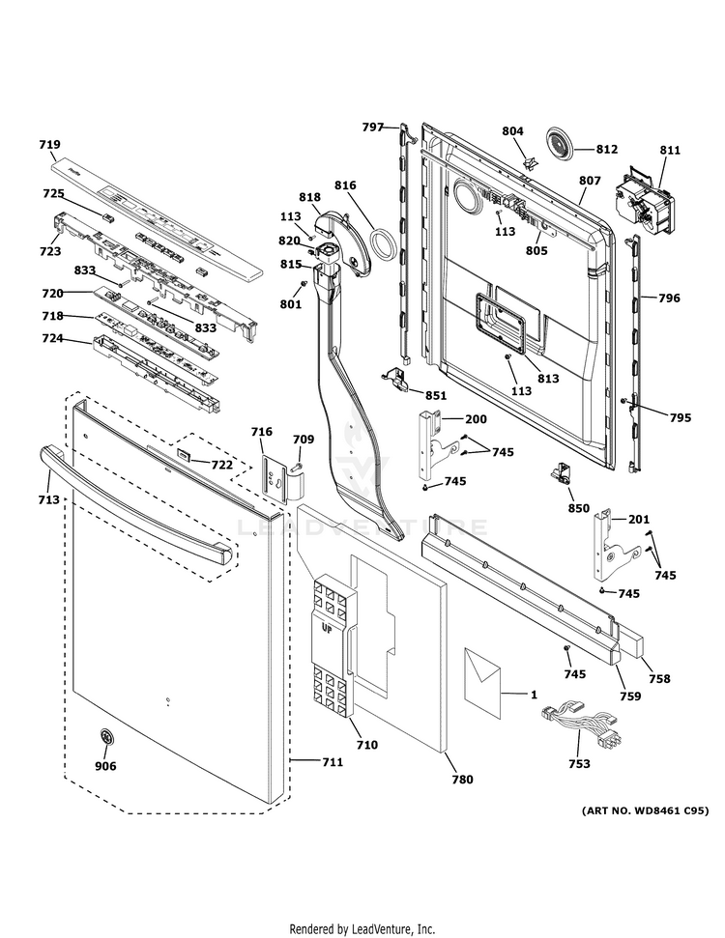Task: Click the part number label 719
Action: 49,145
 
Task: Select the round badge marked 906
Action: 105,740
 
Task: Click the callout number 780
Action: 462,779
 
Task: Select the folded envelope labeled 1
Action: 482,680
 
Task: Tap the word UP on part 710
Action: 328,630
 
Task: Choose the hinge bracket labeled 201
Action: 611,547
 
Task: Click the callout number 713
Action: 49,499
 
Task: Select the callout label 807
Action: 590,181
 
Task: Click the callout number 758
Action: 659,679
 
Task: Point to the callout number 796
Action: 669,298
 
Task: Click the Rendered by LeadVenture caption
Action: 362,928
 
